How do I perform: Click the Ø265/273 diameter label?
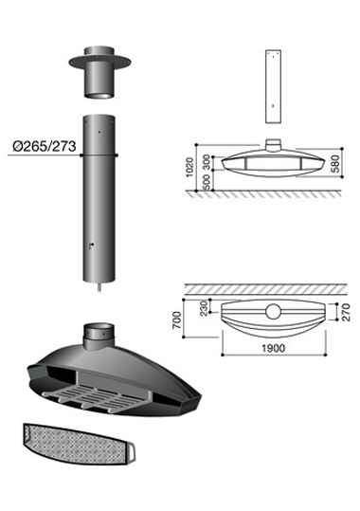click(x=45, y=146)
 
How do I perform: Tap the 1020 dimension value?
click(x=189, y=167)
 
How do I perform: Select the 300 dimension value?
click(x=207, y=162)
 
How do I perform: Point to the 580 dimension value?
click(x=335, y=163)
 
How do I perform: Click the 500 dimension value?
click(x=207, y=182)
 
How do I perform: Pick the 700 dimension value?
click(x=176, y=320)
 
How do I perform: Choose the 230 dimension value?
click(x=204, y=308)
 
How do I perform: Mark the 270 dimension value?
click(x=347, y=312)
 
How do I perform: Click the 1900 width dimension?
click(x=274, y=348)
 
